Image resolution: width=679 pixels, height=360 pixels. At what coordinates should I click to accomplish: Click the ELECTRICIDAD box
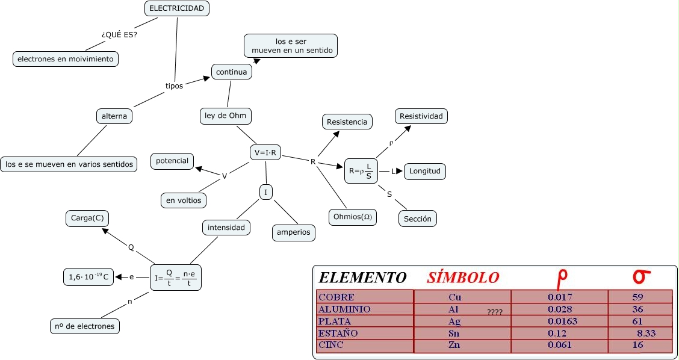coord(177,8)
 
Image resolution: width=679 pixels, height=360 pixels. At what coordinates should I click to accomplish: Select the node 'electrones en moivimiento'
coord(66,59)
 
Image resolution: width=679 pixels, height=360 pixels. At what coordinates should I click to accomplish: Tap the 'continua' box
coord(232,72)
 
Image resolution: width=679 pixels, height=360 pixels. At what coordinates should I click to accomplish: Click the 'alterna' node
coord(114,116)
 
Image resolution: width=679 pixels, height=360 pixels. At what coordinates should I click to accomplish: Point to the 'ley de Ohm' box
coord(225,116)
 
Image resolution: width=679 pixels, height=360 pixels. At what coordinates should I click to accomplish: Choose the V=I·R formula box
coord(265,153)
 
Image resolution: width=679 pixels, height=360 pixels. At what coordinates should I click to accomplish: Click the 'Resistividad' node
coord(421,116)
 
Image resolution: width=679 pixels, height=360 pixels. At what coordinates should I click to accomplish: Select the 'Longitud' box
coord(425,171)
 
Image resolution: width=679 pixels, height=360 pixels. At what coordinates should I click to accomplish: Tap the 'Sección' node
coord(418,219)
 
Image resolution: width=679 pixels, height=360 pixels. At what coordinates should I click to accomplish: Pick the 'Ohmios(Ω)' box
coord(353,217)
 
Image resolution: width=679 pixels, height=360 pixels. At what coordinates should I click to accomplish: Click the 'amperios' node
coord(294,232)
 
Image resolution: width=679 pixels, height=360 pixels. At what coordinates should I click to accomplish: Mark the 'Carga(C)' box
coord(87,219)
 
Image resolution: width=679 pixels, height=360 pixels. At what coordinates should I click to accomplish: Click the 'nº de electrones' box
coord(84,326)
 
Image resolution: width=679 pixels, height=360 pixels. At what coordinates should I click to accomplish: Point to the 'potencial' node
coord(172,161)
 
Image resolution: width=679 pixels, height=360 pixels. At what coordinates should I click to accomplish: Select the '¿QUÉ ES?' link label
coord(120,34)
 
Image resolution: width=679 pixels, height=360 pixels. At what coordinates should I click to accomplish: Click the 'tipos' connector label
coord(174,86)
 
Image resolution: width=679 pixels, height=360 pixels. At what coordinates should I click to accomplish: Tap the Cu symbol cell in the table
coord(455,297)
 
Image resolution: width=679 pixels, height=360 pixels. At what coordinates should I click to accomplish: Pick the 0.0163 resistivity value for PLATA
coord(563,321)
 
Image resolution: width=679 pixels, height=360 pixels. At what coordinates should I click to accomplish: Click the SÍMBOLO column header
coord(463,278)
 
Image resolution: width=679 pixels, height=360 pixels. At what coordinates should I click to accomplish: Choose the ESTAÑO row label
coord(338,333)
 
